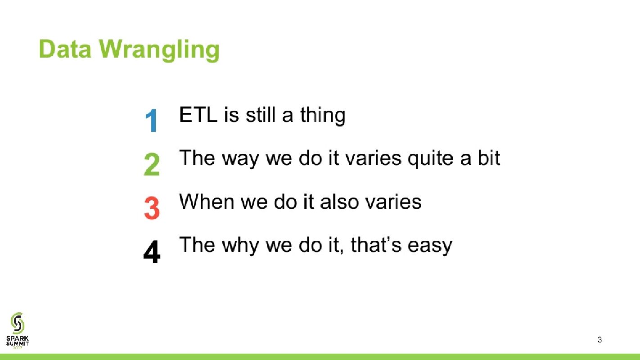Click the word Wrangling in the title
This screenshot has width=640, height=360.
[x=159, y=50]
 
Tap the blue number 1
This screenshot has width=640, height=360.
[x=151, y=121]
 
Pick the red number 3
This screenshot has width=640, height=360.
[x=152, y=208]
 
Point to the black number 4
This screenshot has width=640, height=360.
[x=152, y=252]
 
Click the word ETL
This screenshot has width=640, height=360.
[x=198, y=115]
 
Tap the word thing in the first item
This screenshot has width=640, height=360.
[x=323, y=116]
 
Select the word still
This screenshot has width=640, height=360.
[x=260, y=115]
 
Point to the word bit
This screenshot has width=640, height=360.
[x=489, y=157]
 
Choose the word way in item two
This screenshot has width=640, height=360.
[x=240, y=159]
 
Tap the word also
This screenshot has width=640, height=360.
[x=339, y=202]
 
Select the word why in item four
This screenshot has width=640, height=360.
[x=240, y=246]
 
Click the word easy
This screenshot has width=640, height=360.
[x=430, y=247]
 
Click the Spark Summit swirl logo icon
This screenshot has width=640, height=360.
[x=18, y=323]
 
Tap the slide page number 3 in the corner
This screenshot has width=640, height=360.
[x=599, y=340]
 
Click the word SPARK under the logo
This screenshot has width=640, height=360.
[x=18, y=338]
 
